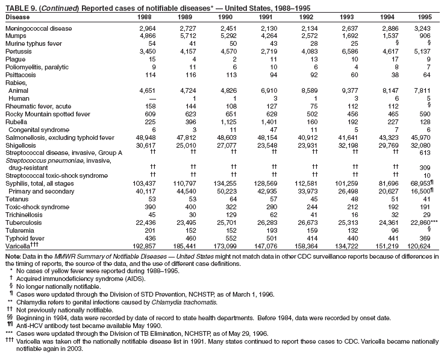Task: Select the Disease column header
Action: point(17,16)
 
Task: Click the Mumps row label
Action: point(16,36)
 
